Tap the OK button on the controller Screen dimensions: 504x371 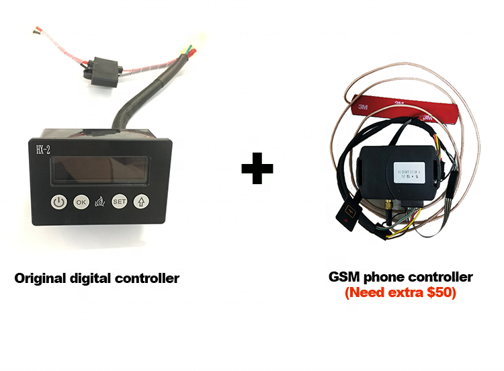81,201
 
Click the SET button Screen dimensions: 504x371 120,201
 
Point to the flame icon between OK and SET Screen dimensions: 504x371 100,202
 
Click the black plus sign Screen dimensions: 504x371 257,169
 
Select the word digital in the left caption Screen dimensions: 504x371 94,278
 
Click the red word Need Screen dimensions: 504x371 366,293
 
